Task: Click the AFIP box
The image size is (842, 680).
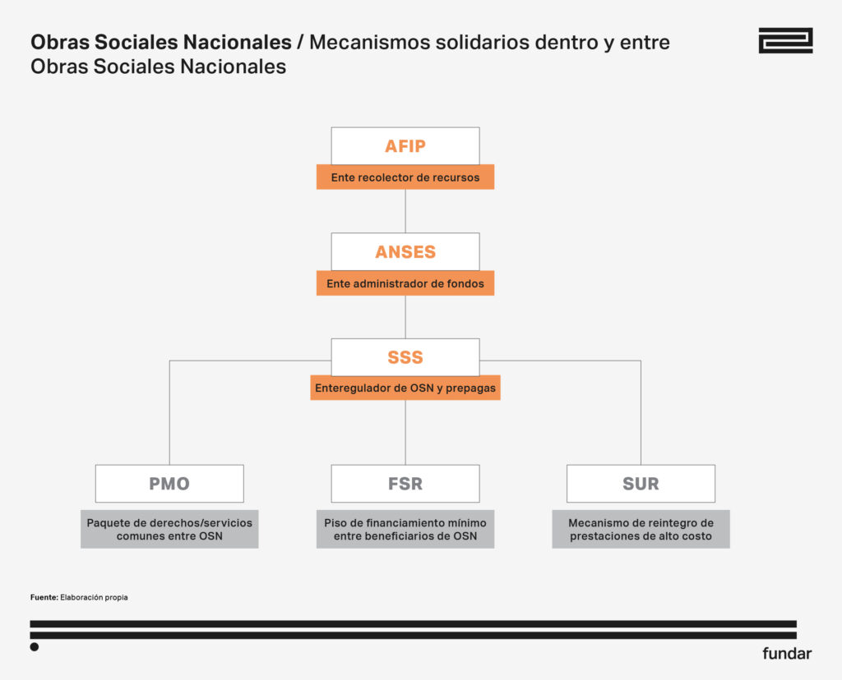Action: point(405,146)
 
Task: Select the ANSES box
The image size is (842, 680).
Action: point(405,252)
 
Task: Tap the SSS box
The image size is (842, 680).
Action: point(405,357)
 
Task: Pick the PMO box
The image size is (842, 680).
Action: point(169,484)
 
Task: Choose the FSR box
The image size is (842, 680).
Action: point(405,484)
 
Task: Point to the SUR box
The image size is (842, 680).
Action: point(641,484)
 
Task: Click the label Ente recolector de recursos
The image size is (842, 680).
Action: point(405,177)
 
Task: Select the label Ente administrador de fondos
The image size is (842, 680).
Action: point(405,283)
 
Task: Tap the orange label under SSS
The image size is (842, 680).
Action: point(405,388)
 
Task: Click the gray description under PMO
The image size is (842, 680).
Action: point(169,530)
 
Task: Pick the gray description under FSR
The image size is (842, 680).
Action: point(405,530)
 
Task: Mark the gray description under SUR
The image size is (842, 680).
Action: point(641,530)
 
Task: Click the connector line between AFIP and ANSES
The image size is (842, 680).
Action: point(405,211)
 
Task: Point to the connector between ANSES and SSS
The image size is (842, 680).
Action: point(405,317)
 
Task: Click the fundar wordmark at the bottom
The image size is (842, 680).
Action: point(786,654)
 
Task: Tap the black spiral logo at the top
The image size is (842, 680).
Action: point(785,40)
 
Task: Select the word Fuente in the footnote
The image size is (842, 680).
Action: point(44,597)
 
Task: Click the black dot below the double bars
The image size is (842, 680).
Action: point(35,647)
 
